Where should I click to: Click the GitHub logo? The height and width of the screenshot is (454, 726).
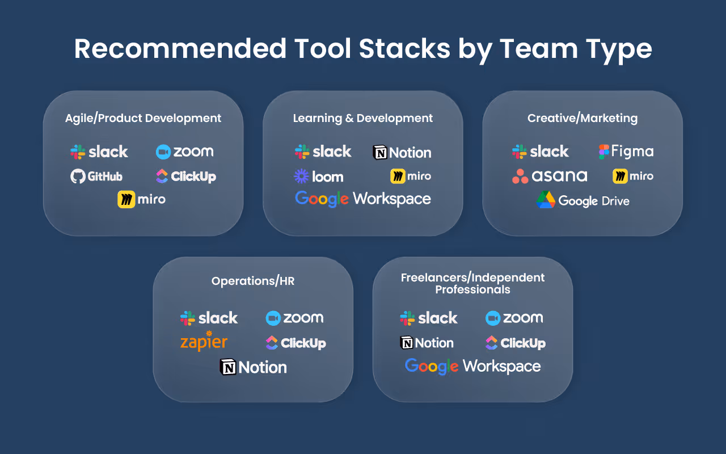click(x=96, y=176)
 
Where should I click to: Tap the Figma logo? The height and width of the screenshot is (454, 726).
click(x=626, y=152)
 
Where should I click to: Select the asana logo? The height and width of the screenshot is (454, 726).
click(x=549, y=176)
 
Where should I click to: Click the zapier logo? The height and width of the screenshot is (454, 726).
click(x=204, y=342)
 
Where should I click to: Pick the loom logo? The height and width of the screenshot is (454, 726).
click(x=318, y=176)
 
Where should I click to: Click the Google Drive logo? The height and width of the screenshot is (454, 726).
click(x=583, y=200)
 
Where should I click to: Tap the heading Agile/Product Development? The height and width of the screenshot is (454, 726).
click(x=143, y=118)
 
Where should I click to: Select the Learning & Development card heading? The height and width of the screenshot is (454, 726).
click(x=363, y=118)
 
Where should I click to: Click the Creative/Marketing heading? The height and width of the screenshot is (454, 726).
click(x=583, y=118)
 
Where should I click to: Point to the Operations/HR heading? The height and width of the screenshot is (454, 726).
click(x=253, y=281)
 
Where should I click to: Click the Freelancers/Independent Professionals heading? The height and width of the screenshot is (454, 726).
click(x=472, y=284)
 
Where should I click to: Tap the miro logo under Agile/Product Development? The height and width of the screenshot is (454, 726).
click(x=142, y=200)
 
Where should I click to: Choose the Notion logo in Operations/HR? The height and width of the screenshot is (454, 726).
click(x=254, y=367)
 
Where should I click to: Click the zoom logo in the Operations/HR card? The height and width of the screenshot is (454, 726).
click(x=294, y=318)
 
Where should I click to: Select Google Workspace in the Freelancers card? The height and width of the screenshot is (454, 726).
click(x=473, y=367)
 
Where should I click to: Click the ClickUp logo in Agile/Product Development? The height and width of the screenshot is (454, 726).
click(x=186, y=176)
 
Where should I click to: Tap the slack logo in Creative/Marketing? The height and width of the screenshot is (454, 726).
click(x=540, y=152)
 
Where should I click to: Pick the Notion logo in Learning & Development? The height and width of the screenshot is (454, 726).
click(x=402, y=152)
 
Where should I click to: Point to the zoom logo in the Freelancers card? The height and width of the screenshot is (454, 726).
click(x=514, y=318)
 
